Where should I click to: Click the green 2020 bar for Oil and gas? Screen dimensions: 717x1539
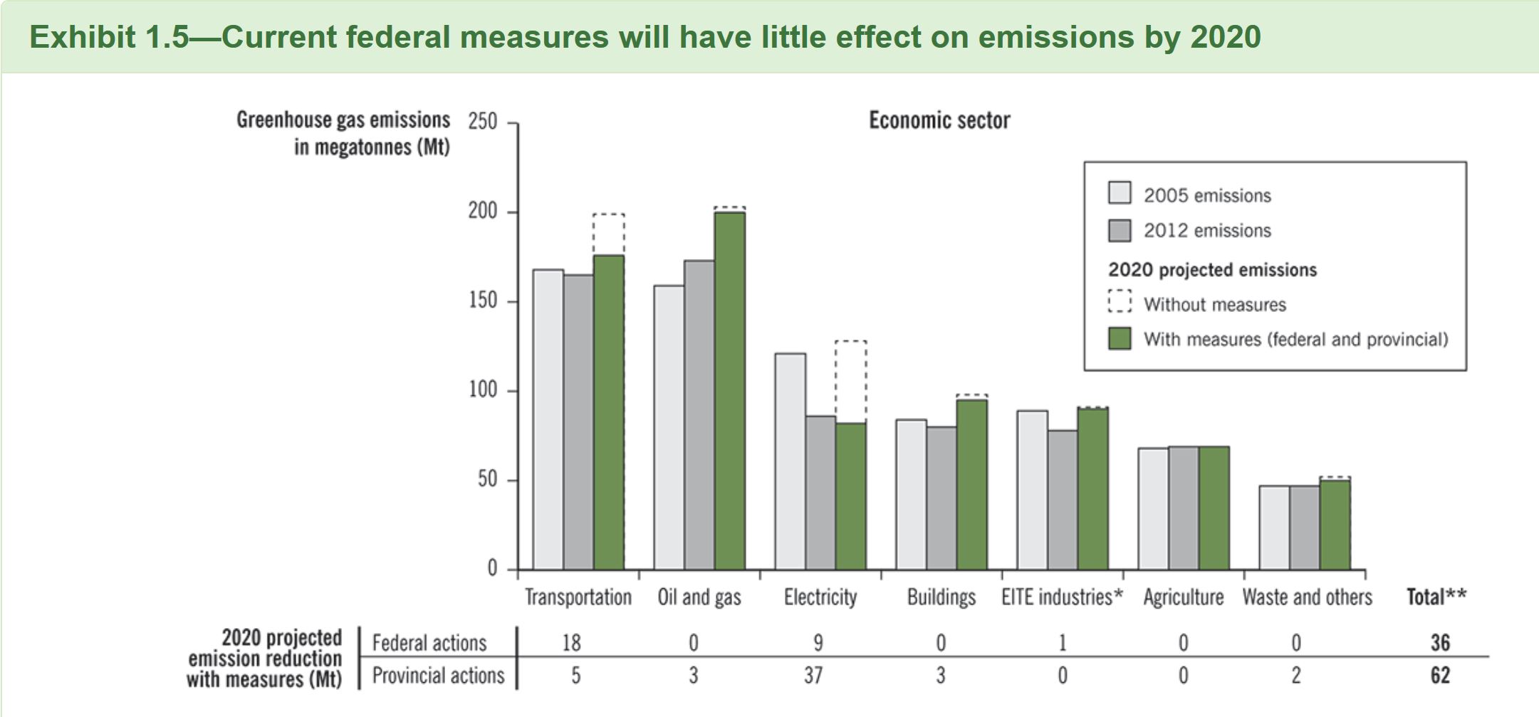pyautogui.click(x=730, y=392)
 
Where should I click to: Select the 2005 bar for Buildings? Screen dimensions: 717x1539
pyautogui.click(x=912, y=495)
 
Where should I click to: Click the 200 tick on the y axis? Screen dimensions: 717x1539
pyautogui.click(x=482, y=212)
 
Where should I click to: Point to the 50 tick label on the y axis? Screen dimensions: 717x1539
pyautogui.click(x=486, y=480)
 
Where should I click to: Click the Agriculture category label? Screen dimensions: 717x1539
pyautogui.click(x=1183, y=597)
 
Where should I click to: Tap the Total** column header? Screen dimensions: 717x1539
pyautogui.click(x=1436, y=597)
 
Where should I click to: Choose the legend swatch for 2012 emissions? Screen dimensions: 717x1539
pyautogui.click(x=1120, y=230)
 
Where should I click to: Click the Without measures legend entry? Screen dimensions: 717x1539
pyautogui.click(x=1214, y=305)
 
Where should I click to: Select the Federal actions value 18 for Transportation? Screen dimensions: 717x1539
pyautogui.click(x=571, y=643)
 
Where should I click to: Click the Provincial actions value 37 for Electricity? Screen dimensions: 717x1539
pyautogui.click(x=813, y=675)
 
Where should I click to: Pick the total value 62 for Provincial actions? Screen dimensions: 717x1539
pyautogui.click(x=1440, y=675)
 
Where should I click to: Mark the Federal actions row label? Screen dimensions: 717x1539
pyautogui.click(x=429, y=643)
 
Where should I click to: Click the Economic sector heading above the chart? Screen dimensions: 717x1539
pyautogui.click(x=939, y=120)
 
